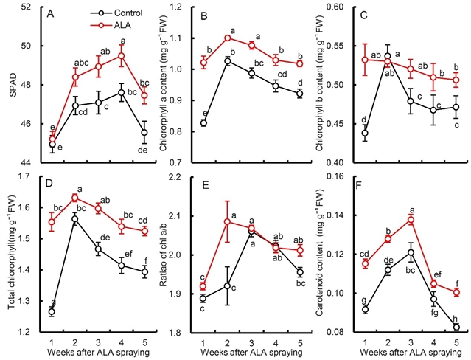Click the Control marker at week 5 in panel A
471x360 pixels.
pos(144,133)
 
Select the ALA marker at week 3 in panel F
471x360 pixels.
pos(411,220)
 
